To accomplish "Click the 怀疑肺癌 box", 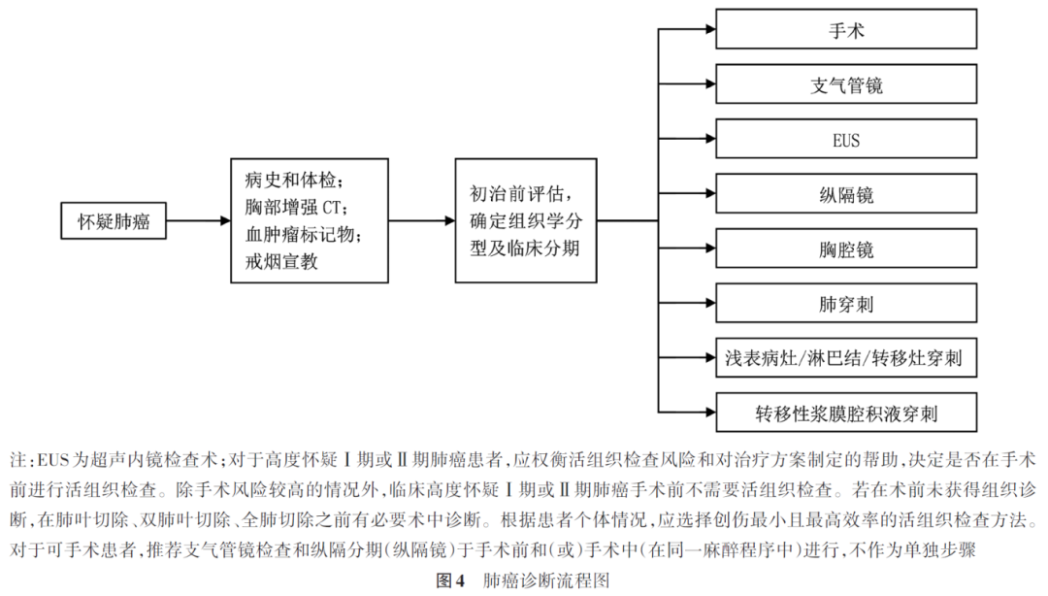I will (x=115, y=222).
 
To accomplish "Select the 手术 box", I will (x=846, y=31).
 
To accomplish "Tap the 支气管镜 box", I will (x=846, y=85).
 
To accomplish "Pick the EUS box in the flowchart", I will (x=846, y=141).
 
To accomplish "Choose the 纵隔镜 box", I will (x=846, y=195).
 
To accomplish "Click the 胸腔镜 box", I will (x=846, y=249).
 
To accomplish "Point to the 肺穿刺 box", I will (x=846, y=304).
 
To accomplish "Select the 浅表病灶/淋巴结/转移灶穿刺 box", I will (x=846, y=359).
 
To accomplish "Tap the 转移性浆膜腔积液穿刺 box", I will (x=846, y=414).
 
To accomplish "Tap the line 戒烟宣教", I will (x=282, y=261).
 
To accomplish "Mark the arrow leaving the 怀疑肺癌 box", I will (x=197, y=222).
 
